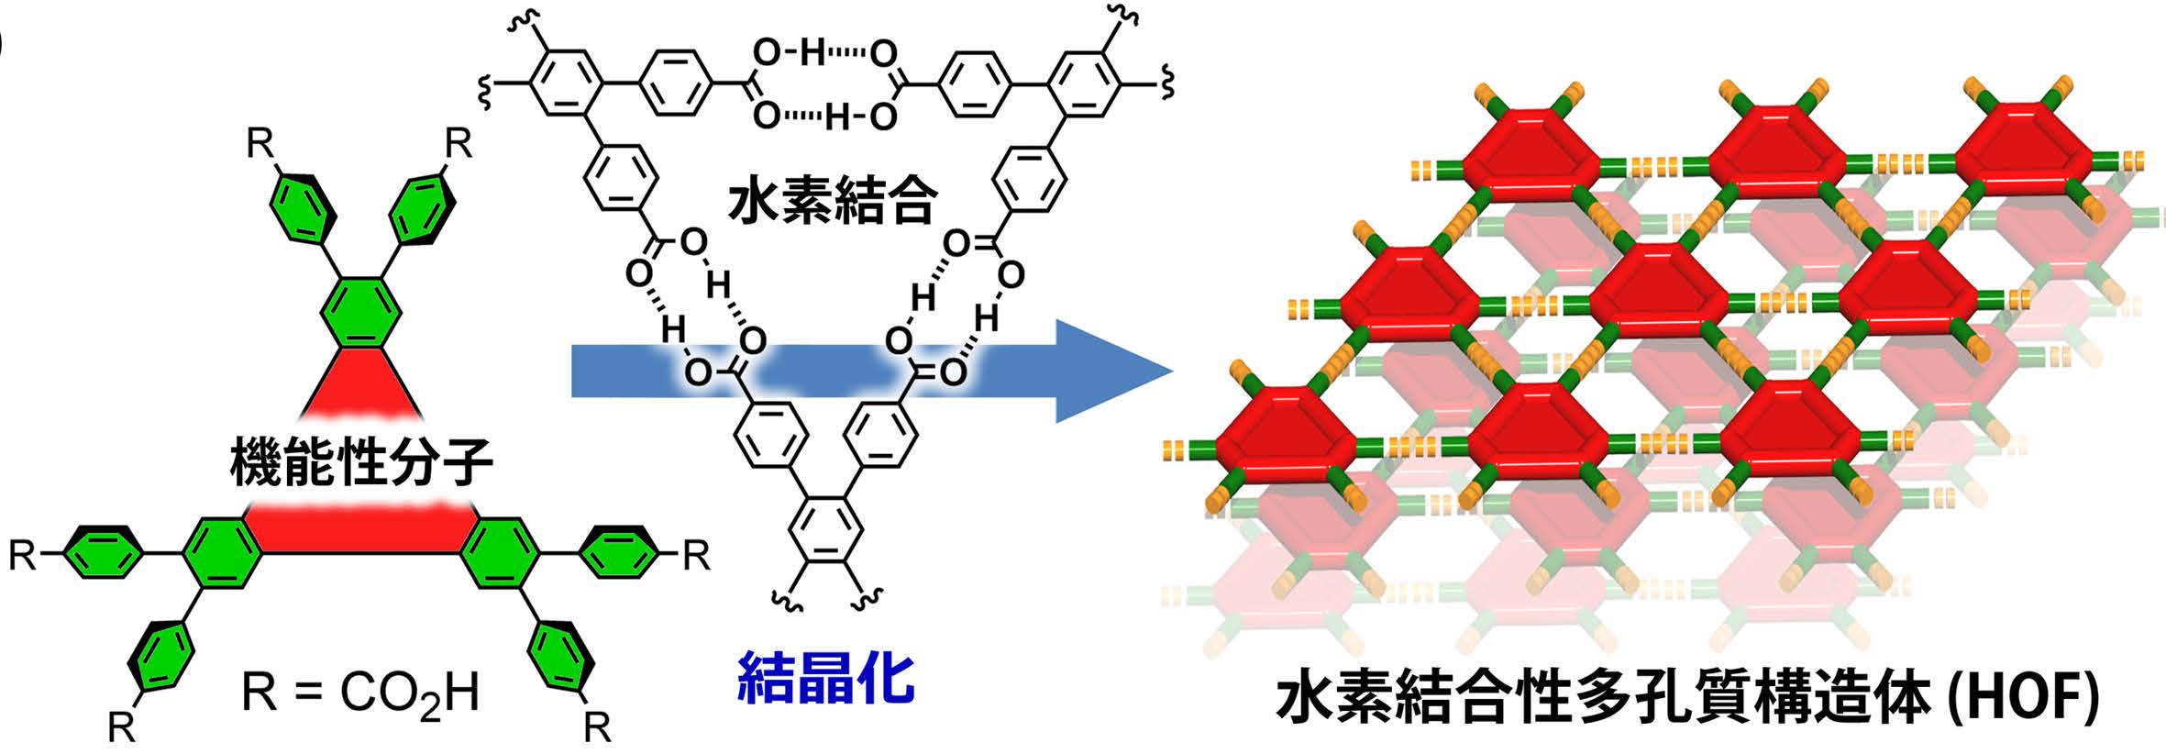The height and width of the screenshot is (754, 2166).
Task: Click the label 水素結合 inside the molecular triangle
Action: click(832, 201)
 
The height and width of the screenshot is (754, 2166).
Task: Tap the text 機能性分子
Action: click(361, 461)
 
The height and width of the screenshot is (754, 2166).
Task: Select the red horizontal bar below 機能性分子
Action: click(361, 530)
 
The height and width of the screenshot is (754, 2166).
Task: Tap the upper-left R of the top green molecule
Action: click(260, 144)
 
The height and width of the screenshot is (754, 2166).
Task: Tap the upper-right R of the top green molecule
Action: click(458, 144)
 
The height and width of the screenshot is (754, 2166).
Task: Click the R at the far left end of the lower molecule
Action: click(23, 555)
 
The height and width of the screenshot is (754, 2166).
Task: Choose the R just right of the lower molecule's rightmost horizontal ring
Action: click(697, 555)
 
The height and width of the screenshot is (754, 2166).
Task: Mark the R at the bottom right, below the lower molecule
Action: click(597, 727)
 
